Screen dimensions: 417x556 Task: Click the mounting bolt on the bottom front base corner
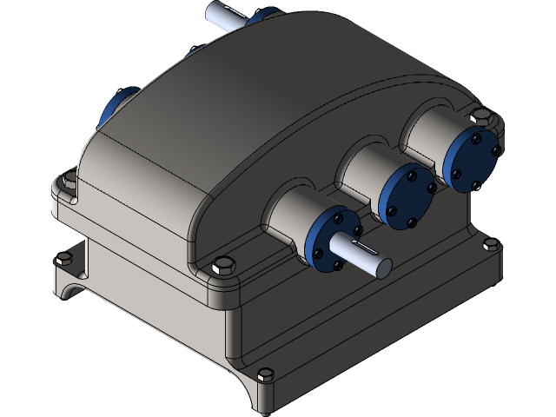pyautogui.click(x=265, y=375)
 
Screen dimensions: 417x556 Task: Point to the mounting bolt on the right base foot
pyautogui.click(x=491, y=246)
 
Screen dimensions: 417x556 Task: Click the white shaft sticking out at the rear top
pyautogui.click(x=222, y=15)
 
